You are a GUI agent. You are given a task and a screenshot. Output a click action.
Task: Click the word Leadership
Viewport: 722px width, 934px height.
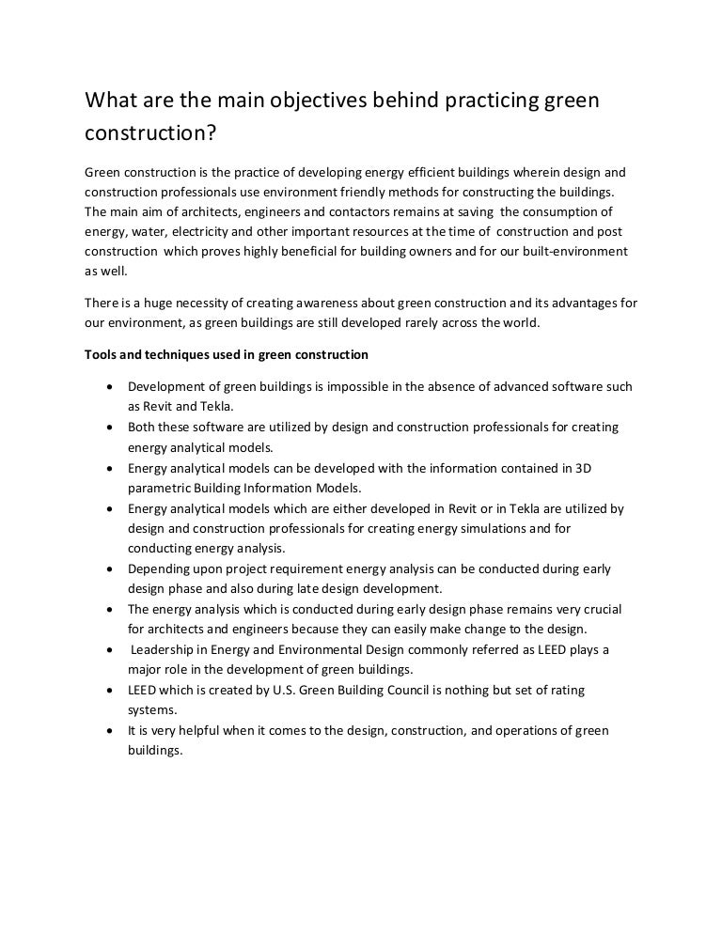165,649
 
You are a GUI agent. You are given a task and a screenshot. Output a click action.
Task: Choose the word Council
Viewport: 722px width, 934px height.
442,691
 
